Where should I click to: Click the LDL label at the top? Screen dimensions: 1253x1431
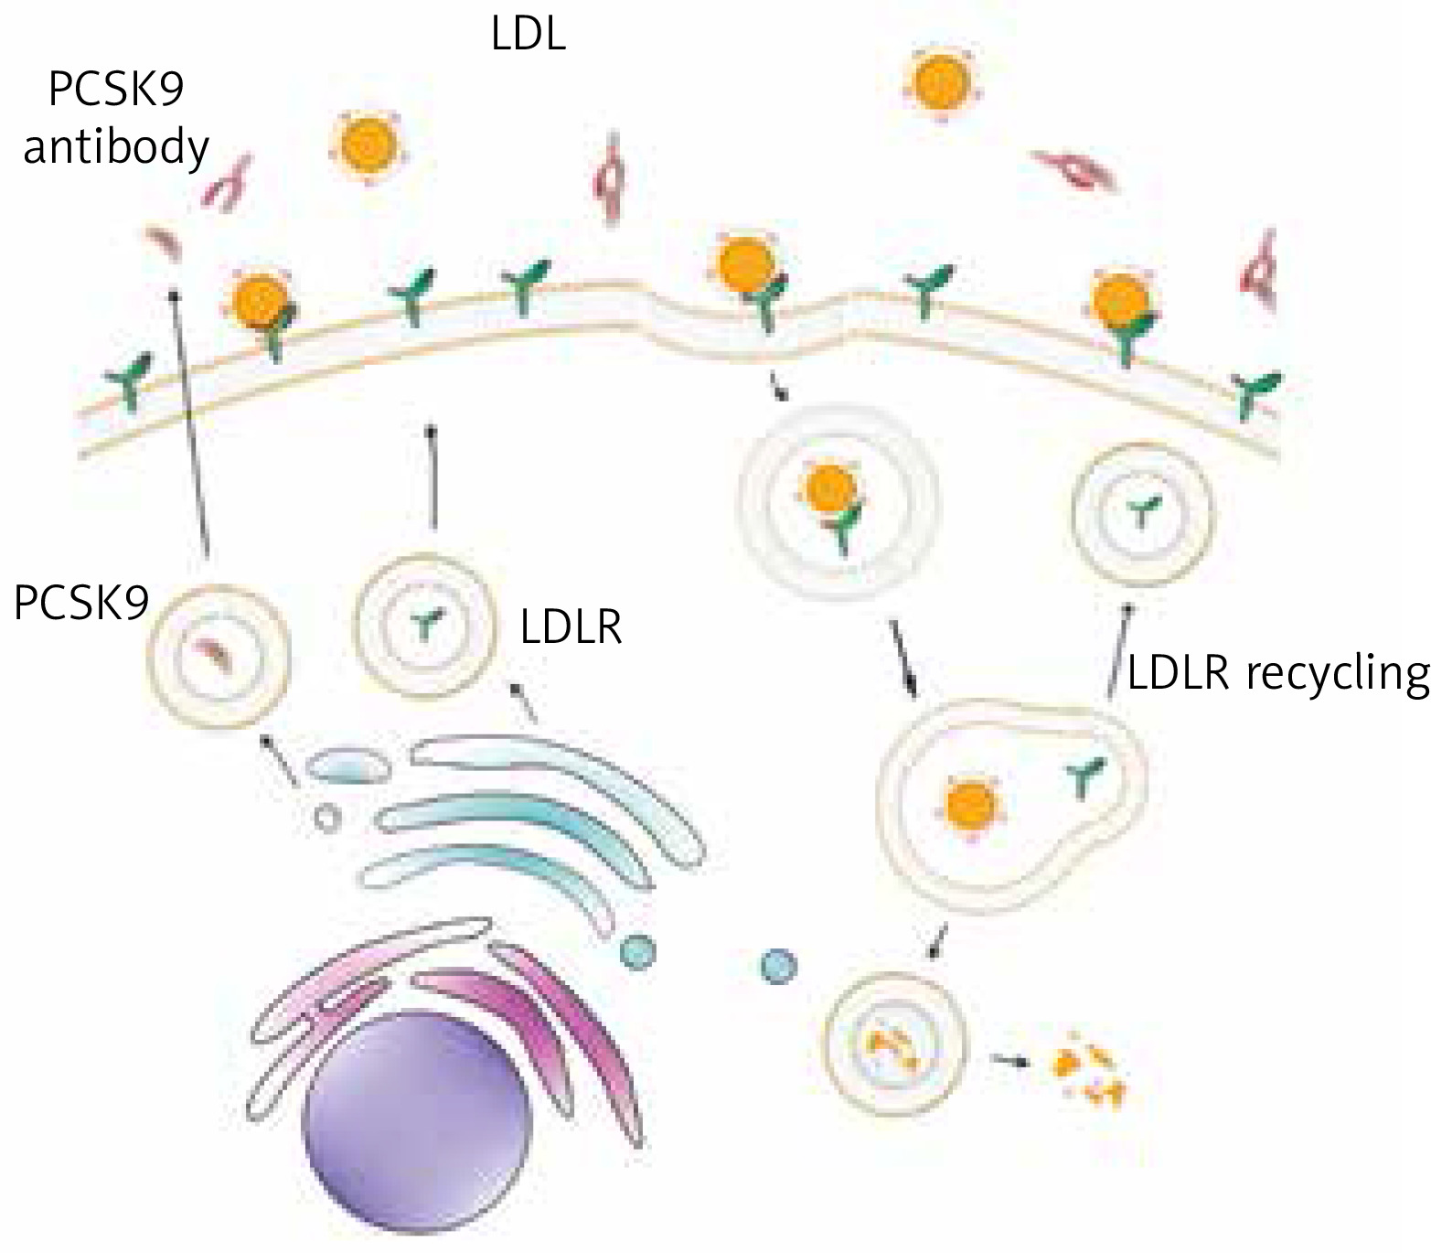[529, 36]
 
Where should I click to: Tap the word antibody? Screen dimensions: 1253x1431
[115, 147]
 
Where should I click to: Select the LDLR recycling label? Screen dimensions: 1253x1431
[1278, 674]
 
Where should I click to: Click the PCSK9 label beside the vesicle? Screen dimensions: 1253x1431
[80, 605]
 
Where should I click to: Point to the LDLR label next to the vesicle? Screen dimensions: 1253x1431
[571, 628]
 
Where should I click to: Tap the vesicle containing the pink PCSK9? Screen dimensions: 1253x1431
[219, 657]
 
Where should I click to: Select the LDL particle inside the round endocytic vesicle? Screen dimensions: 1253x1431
[830, 489]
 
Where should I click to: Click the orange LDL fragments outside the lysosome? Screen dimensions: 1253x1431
[1088, 1070]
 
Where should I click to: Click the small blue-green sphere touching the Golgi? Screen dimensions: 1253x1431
[637, 952]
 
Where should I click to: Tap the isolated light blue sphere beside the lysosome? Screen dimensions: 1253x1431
[778, 965]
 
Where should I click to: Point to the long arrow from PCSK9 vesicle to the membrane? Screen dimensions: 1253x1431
[189, 421]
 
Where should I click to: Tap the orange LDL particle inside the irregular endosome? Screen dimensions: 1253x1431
[971, 805]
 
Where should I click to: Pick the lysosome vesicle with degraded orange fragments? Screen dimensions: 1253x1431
[892, 1044]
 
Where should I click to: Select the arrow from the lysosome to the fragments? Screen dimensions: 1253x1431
[1009, 1061]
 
